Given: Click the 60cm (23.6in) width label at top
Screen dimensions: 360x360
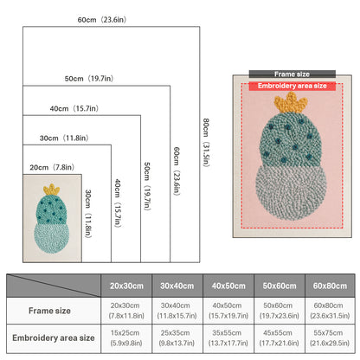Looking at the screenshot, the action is (x=102, y=20).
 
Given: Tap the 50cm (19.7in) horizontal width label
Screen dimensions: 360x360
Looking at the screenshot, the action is (x=89, y=79).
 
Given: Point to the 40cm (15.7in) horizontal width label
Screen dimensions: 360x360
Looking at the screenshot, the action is (x=74, y=108).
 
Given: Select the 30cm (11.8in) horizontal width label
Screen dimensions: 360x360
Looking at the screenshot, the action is (x=64, y=138).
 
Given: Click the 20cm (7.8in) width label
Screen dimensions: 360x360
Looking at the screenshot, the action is (x=52, y=167).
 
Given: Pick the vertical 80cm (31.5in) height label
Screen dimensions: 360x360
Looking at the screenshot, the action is (x=206, y=143).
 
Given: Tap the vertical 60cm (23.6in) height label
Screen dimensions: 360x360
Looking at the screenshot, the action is (x=177, y=171).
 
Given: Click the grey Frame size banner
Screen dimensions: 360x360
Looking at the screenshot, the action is (x=292, y=74).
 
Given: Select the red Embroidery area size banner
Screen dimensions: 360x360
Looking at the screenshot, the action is (x=292, y=86).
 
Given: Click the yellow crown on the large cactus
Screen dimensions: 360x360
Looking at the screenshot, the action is (x=291, y=103).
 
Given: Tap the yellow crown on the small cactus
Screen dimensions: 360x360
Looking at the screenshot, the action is (x=51, y=190).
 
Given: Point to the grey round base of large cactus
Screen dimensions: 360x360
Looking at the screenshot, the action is (x=291, y=193).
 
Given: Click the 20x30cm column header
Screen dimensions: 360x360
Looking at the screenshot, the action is (x=126, y=286).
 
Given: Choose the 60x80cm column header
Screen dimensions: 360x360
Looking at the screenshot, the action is (x=330, y=286).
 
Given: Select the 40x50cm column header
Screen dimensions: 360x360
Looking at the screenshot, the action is (x=228, y=286).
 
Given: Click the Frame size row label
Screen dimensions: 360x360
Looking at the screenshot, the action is (x=49, y=311).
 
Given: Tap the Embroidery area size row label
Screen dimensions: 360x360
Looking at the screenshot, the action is (x=54, y=337).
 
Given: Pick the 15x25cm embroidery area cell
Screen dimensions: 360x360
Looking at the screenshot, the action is (x=126, y=338).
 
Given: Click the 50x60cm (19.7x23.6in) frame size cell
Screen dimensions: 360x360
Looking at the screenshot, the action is (x=279, y=311).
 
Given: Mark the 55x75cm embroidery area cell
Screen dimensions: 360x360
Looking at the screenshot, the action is (x=330, y=338).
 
